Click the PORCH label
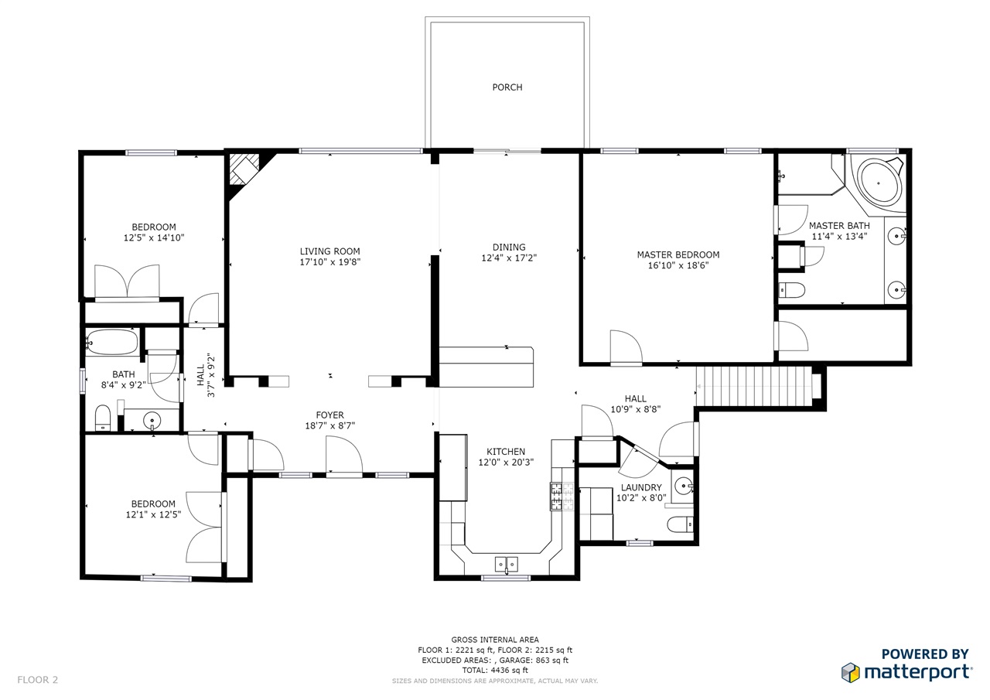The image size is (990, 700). pos(507,87)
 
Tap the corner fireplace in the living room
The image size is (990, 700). pos(244,169)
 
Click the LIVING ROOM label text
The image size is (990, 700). pos(329,251)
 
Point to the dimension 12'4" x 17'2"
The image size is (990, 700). pos(509,258)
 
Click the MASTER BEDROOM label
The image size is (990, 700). pos(678,255)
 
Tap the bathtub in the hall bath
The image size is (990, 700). pos(112,342)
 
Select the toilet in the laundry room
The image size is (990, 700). pos(680,525)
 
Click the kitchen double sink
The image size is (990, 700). pos(506,565)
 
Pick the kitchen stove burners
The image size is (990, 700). pos(562,497)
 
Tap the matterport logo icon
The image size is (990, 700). pos(850,672)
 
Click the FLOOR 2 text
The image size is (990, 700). pos(38,680)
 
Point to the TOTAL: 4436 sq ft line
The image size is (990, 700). pos(495,670)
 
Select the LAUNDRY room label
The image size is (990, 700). pos(641,487)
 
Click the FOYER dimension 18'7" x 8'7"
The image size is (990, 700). pos(329,426)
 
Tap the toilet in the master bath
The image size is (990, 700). pos(791,290)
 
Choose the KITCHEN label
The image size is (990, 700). pos(506,452)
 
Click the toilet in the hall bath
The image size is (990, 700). pos(103,418)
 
